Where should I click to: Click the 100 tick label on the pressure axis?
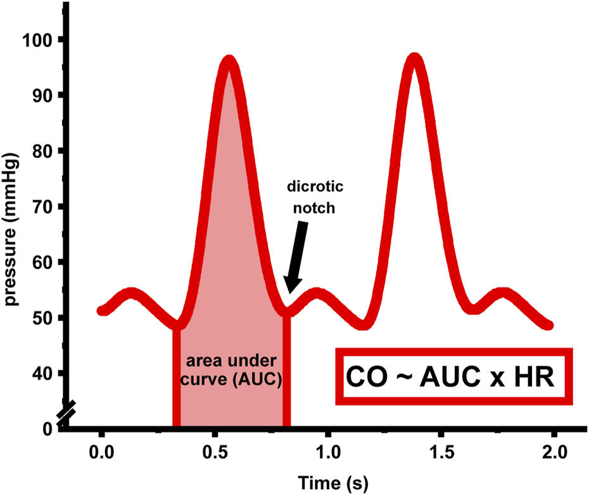[x=39, y=40]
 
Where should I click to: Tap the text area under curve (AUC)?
[x=232, y=371]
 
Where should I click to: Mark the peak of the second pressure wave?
[x=415, y=60]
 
